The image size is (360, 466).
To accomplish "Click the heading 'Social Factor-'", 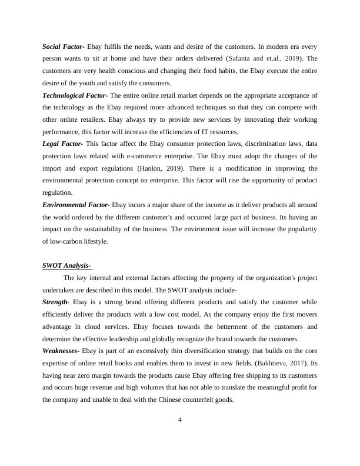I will [x=64, y=46].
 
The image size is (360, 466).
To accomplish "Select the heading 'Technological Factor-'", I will [x=75, y=95].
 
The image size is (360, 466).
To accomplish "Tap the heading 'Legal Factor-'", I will [x=62, y=143].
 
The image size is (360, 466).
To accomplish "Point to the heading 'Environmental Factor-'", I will [x=76, y=204].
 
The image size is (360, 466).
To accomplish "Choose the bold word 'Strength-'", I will [x=56, y=302].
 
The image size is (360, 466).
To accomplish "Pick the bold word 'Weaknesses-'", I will [x=61, y=351].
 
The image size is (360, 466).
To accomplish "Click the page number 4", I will [x=180, y=419].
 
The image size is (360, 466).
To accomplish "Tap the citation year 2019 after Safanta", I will [x=294, y=59].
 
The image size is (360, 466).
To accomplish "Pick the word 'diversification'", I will [x=197, y=351].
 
